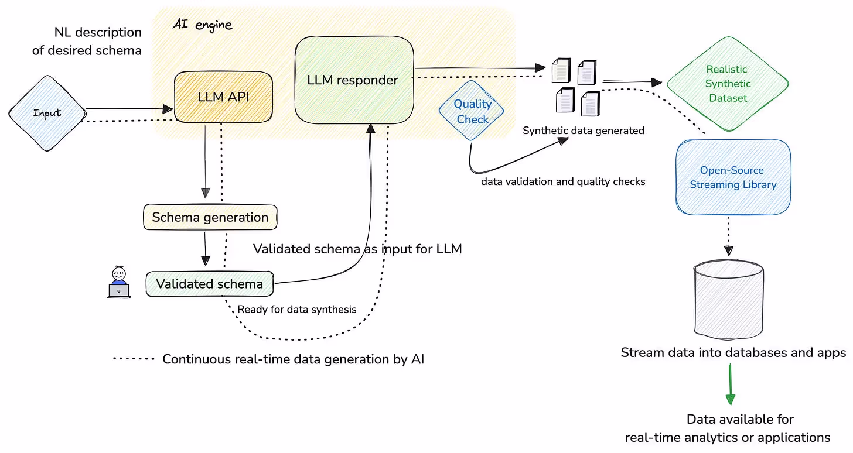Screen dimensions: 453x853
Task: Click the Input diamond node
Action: [x=47, y=113]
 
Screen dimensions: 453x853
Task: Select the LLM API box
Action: [x=223, y=97]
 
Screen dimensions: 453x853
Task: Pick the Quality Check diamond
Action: [x=472, y=111]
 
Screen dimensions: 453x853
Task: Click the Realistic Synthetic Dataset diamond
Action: [x=728, y=84]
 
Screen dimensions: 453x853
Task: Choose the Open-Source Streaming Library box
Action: [x=733, y=177]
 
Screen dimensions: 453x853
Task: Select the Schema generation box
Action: [x=210, y=217]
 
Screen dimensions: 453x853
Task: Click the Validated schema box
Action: [x=209, y=284]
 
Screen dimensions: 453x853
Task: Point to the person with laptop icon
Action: [x=119, y=283]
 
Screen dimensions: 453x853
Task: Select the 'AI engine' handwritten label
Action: [x=202, y=25]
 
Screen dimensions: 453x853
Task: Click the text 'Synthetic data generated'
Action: [x=583, y=131]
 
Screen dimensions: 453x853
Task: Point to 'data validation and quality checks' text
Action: [x=562, y=181]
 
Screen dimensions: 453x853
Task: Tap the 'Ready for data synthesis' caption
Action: [x=296, y=309]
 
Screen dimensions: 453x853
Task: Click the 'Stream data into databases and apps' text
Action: [x=733, y=353]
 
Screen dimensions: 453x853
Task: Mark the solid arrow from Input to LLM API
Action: [x=129, y=108]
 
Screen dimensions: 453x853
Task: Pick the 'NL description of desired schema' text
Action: [x=87, y=41]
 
